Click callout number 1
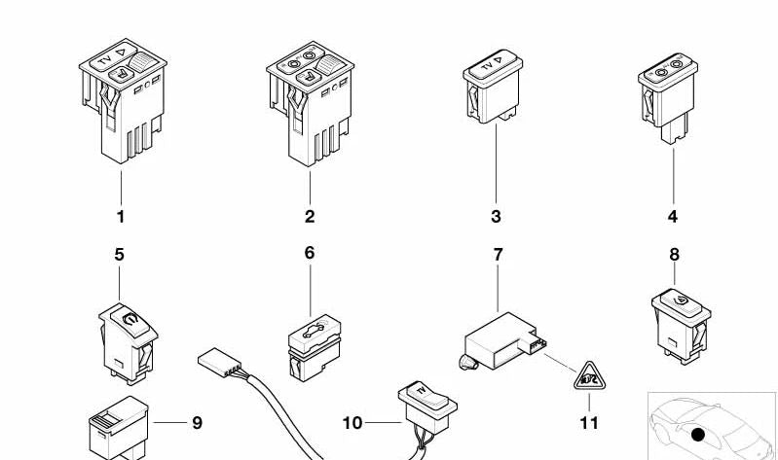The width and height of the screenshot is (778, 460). [x=121, y=217]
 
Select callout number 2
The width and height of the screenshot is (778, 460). [x=310, y=217]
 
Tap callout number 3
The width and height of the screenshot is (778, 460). [x=496, y=217]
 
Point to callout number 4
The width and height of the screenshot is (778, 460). [x=672, y=217]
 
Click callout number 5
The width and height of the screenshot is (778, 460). [x=120, y=255]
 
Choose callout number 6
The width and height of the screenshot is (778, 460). [x=310, y=254]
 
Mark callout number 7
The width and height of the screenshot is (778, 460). [x=498, y=255]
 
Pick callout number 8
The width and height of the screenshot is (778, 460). [x=674, y=255]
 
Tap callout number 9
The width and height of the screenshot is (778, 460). [x=197, y=423]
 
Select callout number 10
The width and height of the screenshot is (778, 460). [x=352, y=423]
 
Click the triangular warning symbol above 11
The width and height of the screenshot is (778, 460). [x=589, y=374]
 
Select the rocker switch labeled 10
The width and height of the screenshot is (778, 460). [x=420, y=400]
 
